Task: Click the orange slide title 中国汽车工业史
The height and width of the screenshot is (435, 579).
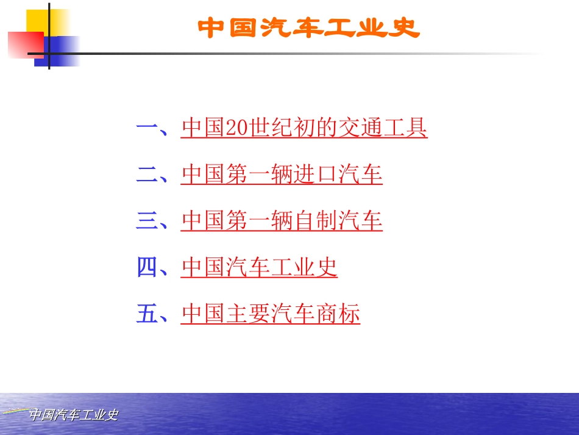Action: [x=309, y=27]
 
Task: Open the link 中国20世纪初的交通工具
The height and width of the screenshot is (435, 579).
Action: [x=304, y=128]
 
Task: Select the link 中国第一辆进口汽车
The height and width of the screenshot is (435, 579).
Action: [x=282, y=174]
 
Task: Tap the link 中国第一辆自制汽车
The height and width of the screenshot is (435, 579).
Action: [x=282, y=221]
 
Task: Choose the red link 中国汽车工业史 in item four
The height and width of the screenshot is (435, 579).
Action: [x=259, y=267]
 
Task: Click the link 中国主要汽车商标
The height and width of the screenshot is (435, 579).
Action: [x=271, y=314]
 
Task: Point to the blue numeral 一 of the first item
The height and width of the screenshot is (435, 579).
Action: [x=147, y=128]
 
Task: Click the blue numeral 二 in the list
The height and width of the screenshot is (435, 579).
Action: [x=147, y=174]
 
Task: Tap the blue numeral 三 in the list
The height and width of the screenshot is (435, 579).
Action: [x=147, y=221]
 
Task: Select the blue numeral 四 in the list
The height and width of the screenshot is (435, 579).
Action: [x=147, y=267]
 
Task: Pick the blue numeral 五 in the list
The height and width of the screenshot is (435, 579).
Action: [x=147, y=314]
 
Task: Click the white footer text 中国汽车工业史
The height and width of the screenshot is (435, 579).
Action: [x=74, y=415]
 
